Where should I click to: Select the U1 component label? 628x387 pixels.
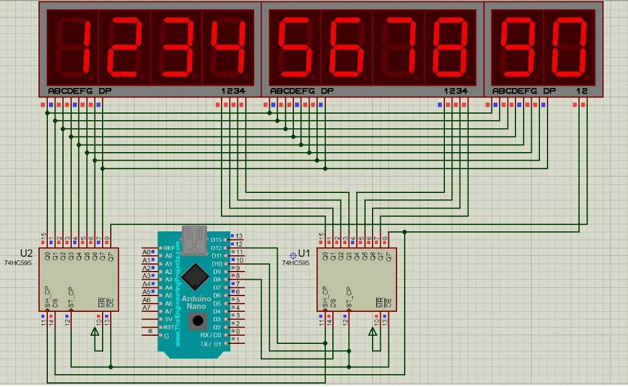pyautogui.click(x=304, y=254)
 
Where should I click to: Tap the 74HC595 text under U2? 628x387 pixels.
pyautogui.click(x=17, y=263)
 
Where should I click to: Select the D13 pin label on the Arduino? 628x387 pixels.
pyautogui.click(x=216, y=240)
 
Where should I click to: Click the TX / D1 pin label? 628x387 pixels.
pyautogui.click(x=210, y=344)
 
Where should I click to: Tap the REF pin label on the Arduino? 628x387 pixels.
pyautogui.click(x=169, y=248)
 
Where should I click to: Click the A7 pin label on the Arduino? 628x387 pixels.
pyautogui.click(x=168, y=312)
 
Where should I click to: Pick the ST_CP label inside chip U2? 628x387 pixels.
pyautogui.click(x=71, y=298)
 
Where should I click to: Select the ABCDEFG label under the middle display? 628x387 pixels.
pyautogui.click(x=292, y=91)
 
